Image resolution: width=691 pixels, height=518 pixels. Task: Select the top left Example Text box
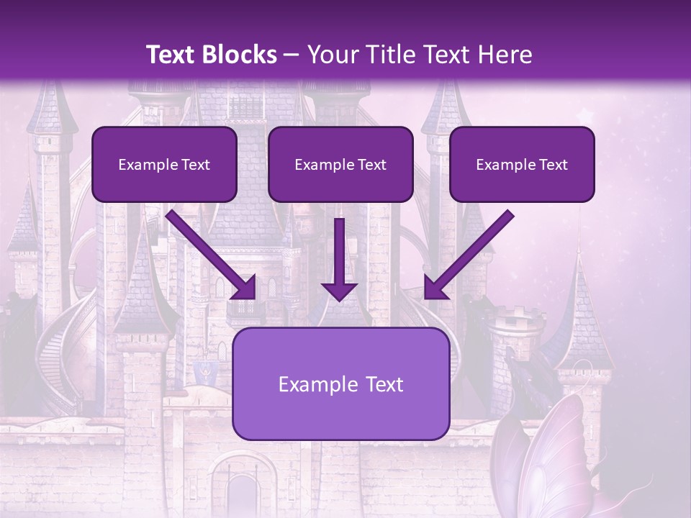point(164,164)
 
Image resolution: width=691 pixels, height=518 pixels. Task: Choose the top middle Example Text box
point(340,164)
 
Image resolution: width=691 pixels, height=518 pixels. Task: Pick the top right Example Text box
point(522,164)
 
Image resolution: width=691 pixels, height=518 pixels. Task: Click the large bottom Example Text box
point(340,383)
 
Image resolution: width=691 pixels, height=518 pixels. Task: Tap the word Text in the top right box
point(553,165)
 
